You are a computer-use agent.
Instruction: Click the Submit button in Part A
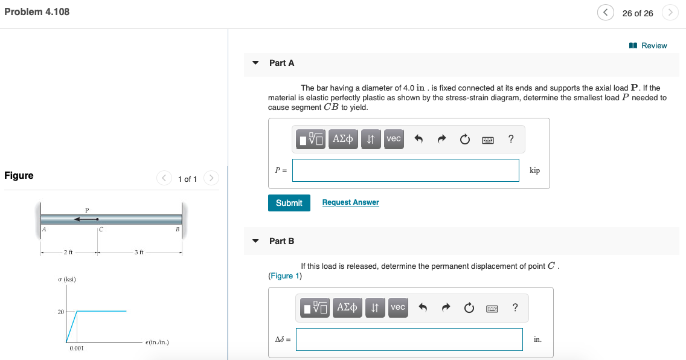coord(289,203)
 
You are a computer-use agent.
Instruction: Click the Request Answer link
coord(350,202)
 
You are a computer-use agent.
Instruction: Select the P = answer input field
coord(405,170)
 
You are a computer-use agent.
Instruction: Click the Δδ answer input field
coord(409,339)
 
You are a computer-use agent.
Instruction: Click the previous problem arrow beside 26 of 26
coord(605,13)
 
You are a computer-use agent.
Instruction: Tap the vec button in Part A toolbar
coord(394,139)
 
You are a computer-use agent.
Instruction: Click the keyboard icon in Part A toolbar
coord(488,140)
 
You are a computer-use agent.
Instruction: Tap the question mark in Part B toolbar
coord(514,307)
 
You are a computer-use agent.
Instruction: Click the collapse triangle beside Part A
coord(255,63)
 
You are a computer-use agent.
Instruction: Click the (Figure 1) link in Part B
coord(285,276)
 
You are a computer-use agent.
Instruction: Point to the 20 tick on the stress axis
coord(60,312)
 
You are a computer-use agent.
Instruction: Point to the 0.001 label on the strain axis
coord(76,349)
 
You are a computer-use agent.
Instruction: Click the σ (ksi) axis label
coord(66,279)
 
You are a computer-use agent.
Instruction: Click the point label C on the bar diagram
coord(101,230)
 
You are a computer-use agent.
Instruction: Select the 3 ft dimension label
coord(139,252)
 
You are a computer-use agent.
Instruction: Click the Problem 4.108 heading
coord(37,12)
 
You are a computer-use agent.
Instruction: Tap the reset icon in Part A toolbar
coord(464,140)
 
